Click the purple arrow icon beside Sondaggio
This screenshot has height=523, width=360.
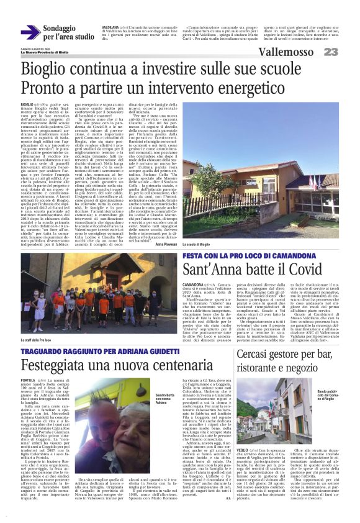coord(31,32)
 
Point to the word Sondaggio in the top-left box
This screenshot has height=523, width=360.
coord(68,29)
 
